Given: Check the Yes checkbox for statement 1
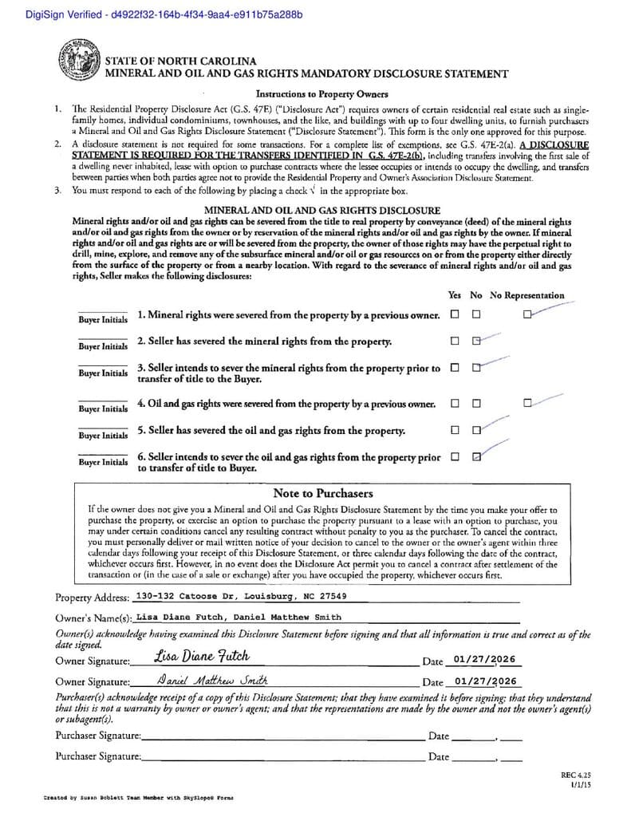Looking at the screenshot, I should [x=454, y=314].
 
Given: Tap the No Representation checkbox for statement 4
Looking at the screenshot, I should [x=527, y=403].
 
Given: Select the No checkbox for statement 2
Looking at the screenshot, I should [x=476, y=341].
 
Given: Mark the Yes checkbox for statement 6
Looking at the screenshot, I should [x=454, y=457].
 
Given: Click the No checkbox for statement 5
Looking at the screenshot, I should [x=476, y=430].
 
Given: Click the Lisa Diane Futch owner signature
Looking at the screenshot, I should [x=202, y=657].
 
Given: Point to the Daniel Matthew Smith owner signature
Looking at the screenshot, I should [x=212, y=681].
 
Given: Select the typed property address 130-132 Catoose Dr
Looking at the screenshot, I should [x=241, y=596].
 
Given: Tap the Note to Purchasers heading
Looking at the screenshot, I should [x=322, y=493].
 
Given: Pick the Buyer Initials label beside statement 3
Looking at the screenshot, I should [x=102, y=373].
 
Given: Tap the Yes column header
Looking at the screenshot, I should [x=455, y=295].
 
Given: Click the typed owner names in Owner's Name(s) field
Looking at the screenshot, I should [x=239, y=617].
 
